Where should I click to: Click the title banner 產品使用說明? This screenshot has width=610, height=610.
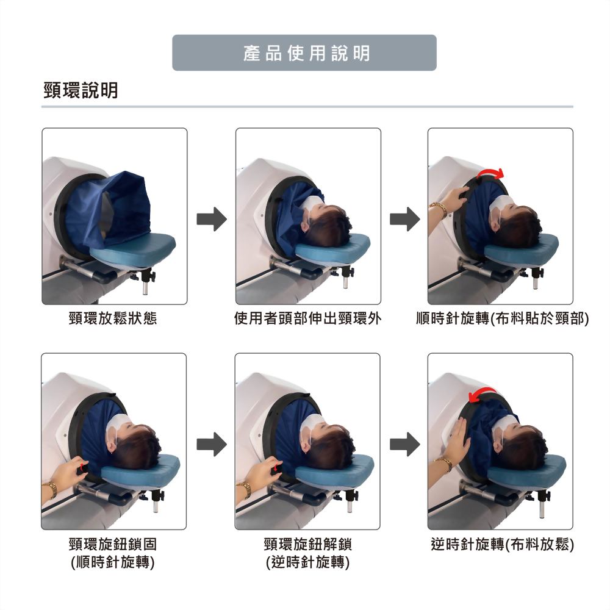coord(304,53)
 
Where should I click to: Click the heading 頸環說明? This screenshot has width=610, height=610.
coord(81,90)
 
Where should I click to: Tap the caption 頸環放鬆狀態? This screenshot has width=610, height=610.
coord(113,318)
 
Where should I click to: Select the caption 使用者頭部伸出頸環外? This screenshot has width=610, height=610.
coord(307,318)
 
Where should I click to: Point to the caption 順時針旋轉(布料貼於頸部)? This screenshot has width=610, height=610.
coord(502,318)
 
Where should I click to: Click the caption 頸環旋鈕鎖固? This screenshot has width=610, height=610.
coord(113,544)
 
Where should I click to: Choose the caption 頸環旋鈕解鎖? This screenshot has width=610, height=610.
coord(307,544)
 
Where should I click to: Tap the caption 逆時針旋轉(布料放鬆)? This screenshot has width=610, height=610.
coord(502,544)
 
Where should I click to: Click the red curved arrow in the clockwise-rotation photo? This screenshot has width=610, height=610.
coord(491,171)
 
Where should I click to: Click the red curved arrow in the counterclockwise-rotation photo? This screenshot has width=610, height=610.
coord(483,392)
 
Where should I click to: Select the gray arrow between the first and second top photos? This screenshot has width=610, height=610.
coord(212,219)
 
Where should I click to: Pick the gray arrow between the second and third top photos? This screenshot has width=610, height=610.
coord(405,219)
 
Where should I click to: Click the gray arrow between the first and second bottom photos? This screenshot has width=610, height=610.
coord(212,444)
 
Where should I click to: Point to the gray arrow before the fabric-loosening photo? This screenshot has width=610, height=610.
coord(405,444)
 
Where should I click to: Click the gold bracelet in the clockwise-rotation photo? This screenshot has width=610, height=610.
coord(439,208)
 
